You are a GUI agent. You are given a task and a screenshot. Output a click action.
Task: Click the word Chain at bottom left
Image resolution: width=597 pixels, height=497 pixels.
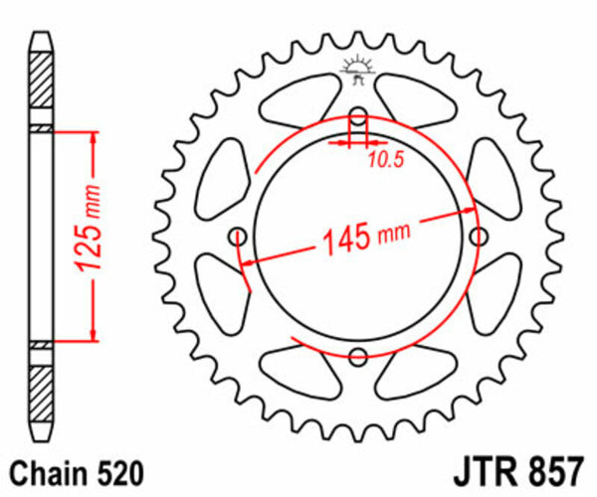click(45, 471)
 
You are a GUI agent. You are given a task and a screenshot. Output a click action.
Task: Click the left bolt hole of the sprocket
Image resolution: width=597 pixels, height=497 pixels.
click(237, 236)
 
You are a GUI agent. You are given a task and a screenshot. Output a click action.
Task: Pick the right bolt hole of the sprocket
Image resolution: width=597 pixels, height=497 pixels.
click(479, 236)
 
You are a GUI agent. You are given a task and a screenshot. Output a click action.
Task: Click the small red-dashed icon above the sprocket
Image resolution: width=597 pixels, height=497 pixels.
click(357, 67)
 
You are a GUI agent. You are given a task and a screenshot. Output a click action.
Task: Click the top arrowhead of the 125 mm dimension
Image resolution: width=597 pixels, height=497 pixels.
click(93, 137)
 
